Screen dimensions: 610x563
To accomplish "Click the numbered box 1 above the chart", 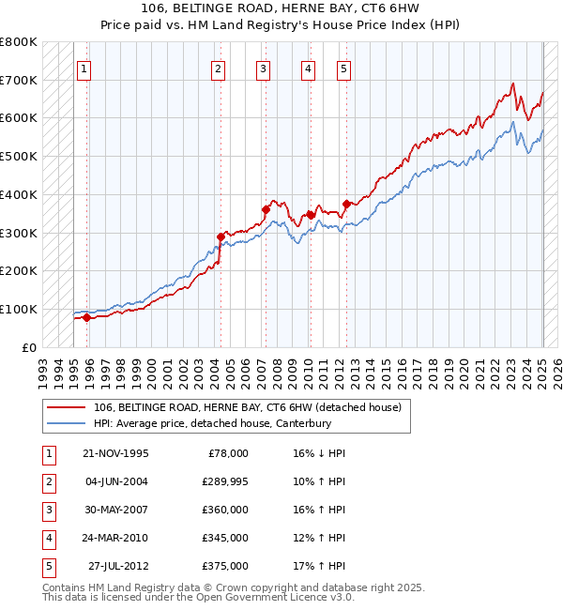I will [84, 68].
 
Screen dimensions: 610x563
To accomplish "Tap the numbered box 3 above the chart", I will [263, 68].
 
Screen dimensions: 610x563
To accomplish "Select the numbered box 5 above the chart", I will [343, 68].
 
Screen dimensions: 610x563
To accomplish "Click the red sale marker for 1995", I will [86, 317].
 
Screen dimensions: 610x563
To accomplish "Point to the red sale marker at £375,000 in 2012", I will [346, 204].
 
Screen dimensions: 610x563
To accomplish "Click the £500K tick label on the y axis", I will [19, 157].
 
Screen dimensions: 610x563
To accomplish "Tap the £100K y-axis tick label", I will [19, 309].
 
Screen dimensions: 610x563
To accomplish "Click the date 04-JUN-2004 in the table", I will [115, 481].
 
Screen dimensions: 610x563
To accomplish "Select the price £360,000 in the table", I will [225, 510].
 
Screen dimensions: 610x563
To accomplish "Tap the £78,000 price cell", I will [228, 453].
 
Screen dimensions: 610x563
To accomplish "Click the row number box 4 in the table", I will [48, 538].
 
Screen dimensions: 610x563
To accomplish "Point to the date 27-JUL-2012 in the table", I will [118, 566].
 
